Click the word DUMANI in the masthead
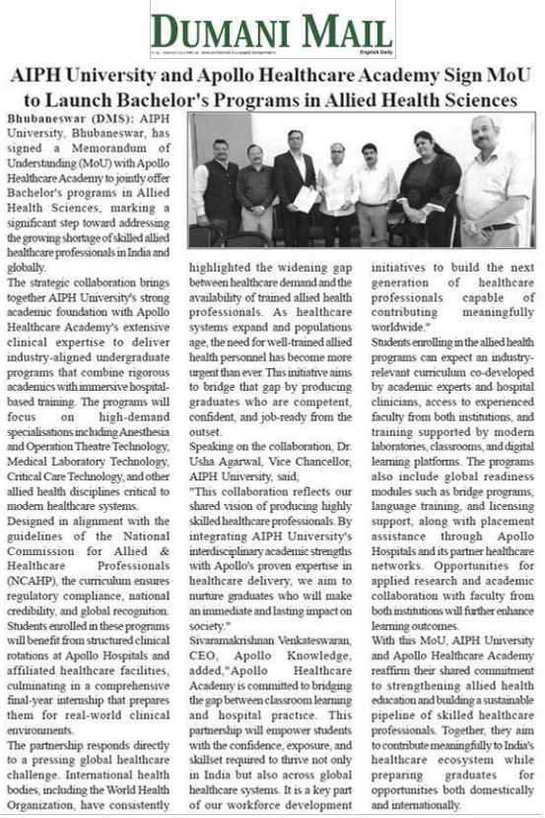pyautogui.click(x=220, y=27)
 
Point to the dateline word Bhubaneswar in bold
pyautogui.click(x=43, y=117)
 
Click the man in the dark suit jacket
pyautogui.click(x=294, y=187)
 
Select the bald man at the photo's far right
pyautogui.click(x=489, y=182)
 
